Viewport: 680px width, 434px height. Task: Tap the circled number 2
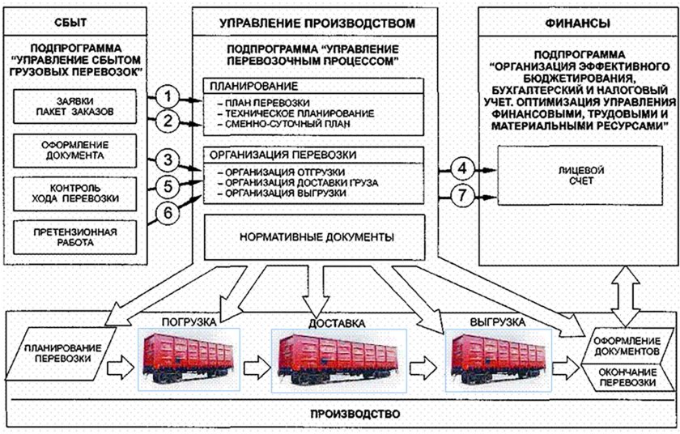pyautogui.click(x=167, y=122)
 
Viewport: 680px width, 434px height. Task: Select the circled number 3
pyautogui.click(x=167, y=160)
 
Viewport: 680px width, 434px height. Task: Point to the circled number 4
pyautogui.click(x=462, y=168)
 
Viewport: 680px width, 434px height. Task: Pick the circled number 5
pyautogui.click(x=167, y=186)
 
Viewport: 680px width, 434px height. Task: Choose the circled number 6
pyautogui.click(x=167, y=213)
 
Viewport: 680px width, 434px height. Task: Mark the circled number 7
pyautogui.click(x=462, y=195)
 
